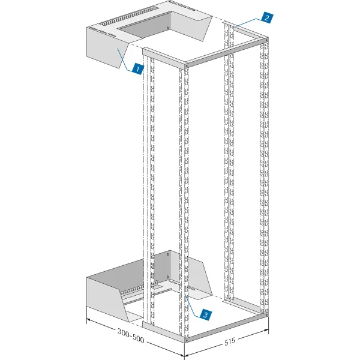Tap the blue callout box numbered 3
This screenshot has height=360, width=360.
pos(205,314)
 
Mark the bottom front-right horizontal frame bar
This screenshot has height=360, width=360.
pos(225,326)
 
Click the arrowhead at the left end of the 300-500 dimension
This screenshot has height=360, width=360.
pos(89,320)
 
